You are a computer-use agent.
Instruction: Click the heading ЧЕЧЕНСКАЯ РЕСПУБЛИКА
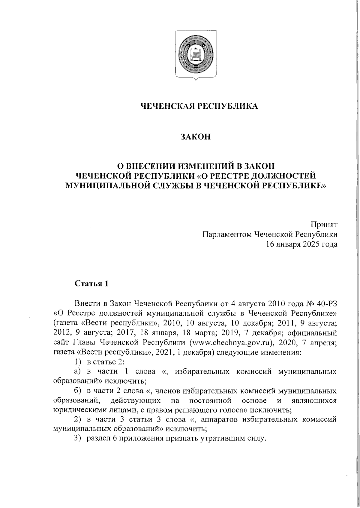(199, 106)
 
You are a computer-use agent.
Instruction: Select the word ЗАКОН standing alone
(196, 137)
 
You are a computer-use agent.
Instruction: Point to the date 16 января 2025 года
(301, 244)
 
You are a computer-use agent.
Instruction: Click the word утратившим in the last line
(222, 439)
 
